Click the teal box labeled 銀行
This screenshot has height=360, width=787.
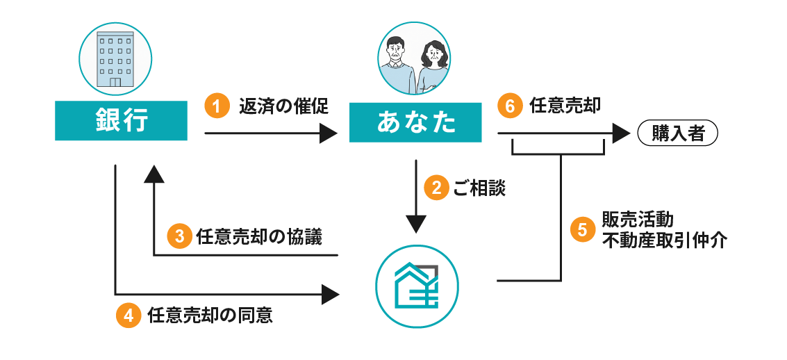coord(121,121)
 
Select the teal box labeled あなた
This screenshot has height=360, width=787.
coord(415,123)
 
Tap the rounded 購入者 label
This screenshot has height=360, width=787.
coord(677,133)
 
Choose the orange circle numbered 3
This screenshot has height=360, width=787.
coord(179,236)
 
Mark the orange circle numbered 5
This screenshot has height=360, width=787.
coord(582,230)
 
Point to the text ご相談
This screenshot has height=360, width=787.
coord(479,188)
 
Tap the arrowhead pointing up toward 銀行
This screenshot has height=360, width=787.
coord(154,174)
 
